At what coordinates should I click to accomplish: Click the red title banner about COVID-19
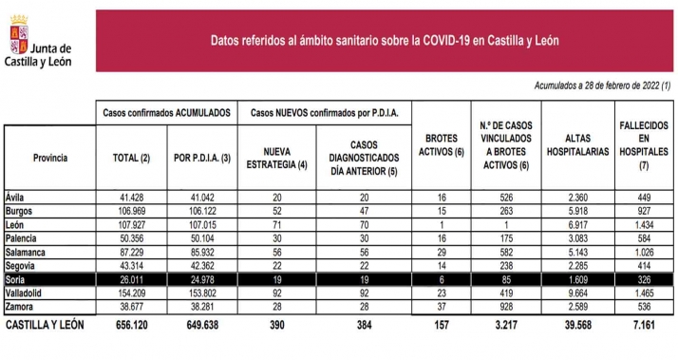(x=384, y=40)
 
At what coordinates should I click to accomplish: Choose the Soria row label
(x=19, y=280)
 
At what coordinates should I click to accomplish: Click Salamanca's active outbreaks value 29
(x=442, y=253)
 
